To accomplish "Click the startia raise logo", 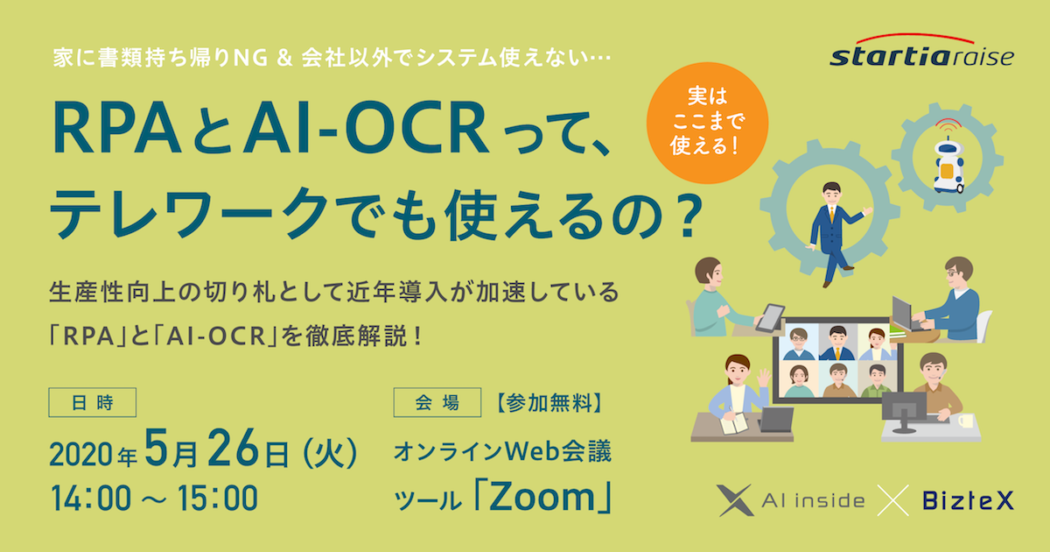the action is tap(921, 52).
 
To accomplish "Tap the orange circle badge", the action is tap(707, 123).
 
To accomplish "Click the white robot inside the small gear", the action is tap(948, 166).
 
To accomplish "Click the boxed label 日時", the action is tap(93, 402).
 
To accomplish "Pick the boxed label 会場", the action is tap(437, 402).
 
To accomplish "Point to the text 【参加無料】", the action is tap(549, 403).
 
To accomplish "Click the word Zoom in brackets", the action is tap(542, 497).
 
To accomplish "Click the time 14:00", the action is tap(91, 498).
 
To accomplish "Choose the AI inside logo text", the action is tap(813, 501).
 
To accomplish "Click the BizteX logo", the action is tap(968, 500).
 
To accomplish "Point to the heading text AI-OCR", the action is tap(367, 127).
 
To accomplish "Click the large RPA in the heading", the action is tap(117, 127).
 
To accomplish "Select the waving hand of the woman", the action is tap(764, 378).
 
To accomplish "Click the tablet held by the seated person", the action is tap(770, 318).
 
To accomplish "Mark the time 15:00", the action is tap(218, 498).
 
